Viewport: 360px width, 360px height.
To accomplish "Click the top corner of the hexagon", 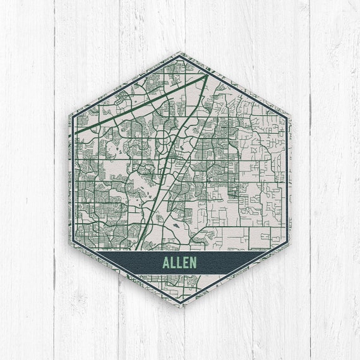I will point(180,52).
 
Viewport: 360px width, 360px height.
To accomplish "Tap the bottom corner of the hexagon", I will point(180,307).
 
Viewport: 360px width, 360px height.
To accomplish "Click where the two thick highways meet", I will point(205,76).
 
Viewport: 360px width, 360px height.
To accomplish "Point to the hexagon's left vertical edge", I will point(70,180).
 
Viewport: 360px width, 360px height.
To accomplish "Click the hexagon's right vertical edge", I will point(290,180).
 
